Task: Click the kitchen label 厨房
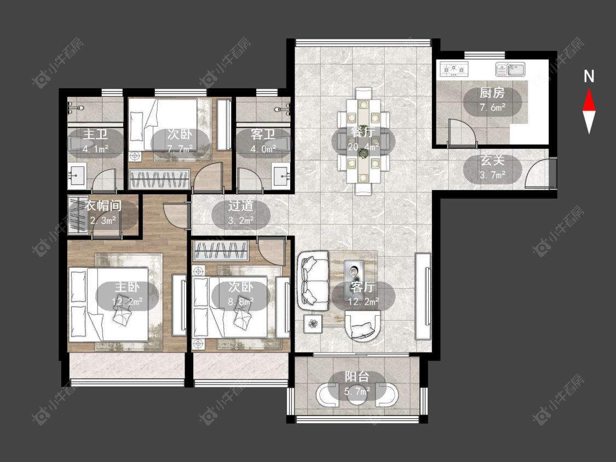(x=492, y=93)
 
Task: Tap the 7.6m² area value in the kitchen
(x=492, y=107)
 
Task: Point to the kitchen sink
(x=510, y=69)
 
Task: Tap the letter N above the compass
(x=589, y=77)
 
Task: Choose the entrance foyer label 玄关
(x=492, y=160)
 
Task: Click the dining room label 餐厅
(x=362, y=132)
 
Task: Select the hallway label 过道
(x=240, y=205)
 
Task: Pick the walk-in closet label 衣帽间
(x=103, y=205)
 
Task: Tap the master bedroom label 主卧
(x=127, y=287)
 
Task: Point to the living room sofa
(x=313, y=280)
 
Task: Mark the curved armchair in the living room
(x=363, y=326)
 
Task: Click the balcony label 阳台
(x=357, y=377)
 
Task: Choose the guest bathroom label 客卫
(x=263, y=134)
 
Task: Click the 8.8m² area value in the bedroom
(x=240, y=301)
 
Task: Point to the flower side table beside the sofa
(x=313, y=324)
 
